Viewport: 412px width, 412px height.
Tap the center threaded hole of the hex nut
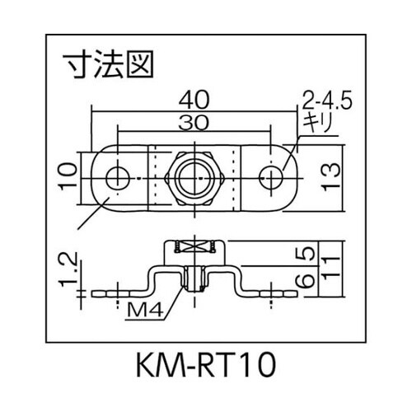(194, 175)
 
